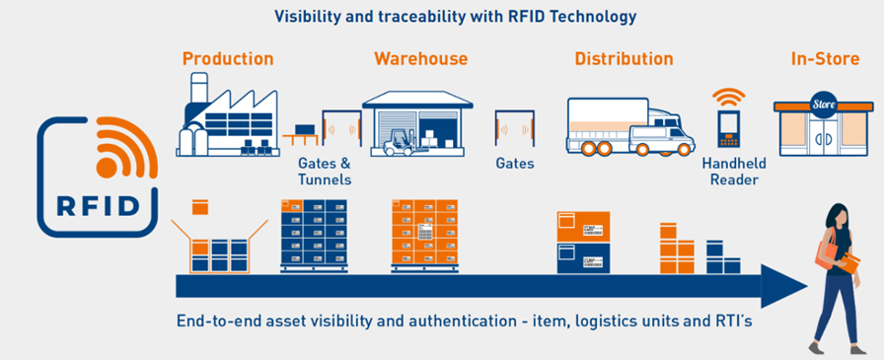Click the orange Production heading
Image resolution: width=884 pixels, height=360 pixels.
(x=228, y=58)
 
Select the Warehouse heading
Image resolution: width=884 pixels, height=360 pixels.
(x=421, y=58)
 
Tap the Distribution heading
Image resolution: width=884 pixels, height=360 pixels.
(x=625, y=58)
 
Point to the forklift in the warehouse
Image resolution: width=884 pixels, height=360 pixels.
(x=400, y=143)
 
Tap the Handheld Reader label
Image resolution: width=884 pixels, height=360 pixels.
(x=734, y=172)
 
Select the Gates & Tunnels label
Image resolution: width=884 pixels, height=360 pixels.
(x=325, y=172)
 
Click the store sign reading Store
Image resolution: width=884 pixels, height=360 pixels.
(x=824, y=105)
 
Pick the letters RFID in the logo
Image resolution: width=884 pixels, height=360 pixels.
(x=98, y=205)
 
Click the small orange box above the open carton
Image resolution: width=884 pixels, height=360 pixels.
(x=200, y=207)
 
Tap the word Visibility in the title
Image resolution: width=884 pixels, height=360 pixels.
(x=302, y=17)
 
